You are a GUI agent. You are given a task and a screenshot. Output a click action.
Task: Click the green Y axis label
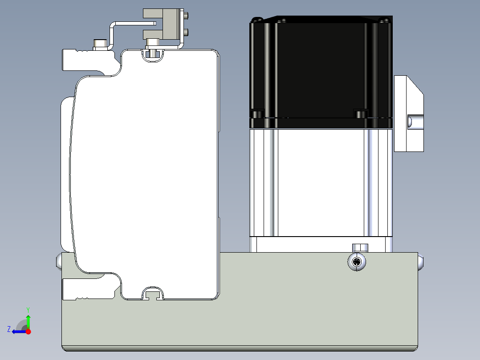pos(28,310)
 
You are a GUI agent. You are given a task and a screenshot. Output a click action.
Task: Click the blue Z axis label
pos(9,329)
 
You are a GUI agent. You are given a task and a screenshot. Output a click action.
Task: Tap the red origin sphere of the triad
pos(28,331)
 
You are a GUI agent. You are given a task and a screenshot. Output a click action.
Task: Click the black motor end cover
pos(321,72)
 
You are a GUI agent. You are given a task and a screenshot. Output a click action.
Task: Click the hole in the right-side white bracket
pos(415,122)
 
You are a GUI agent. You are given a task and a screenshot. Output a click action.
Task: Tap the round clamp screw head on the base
pos(357,262)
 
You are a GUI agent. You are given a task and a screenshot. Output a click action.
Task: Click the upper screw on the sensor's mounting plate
pos(186,15)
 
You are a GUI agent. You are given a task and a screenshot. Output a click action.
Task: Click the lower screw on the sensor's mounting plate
pos(186,32)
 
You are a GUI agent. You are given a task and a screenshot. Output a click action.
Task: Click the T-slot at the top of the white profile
pos(153,55)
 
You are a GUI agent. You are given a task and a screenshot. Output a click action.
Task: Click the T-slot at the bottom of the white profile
pos(153,294)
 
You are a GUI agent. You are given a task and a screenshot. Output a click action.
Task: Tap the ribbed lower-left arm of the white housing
pos(89,288)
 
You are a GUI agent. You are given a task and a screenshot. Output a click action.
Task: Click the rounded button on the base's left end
pos(59,262)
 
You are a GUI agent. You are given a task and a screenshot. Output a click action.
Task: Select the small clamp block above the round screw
pos(360,248)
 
